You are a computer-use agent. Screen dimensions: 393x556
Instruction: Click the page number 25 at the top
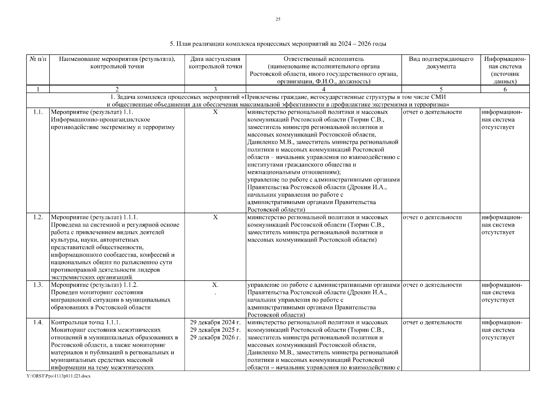pyautogui.click(x=278, y=19)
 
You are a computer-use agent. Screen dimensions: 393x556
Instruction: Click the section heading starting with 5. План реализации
pyautogui.click(x=278, y=44)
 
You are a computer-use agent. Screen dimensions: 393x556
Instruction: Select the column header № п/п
pyautogui.click(x=38, y=59)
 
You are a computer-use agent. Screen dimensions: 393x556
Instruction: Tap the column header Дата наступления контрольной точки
pyautogui.click(x=215, y=63)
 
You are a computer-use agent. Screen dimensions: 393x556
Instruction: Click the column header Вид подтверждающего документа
pyautogui.click(x=441, y=63)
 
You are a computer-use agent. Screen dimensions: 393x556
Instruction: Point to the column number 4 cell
pyautogui.click(x=324, y=89)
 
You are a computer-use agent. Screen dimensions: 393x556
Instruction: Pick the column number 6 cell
pyautogui.click(x=505, y=89)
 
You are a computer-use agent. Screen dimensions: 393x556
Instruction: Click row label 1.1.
pyautogui.click(x=38, y=112)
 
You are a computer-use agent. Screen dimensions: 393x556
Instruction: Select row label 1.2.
pyautogui.click(x=38, y=217)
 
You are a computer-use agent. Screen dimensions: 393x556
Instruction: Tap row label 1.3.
pyautogui.click(x=38, y=285)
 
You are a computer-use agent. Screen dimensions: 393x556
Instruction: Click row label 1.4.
pyautogui.click(x=38, y=323)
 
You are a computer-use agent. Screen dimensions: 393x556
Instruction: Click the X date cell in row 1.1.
pyautogui.click(x=215, y=112)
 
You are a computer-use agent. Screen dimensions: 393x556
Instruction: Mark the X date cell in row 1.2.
pyautogui.click(x=215, y=217)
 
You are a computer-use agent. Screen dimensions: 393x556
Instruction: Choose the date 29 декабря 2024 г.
pyautogui.click(x=215, y=323)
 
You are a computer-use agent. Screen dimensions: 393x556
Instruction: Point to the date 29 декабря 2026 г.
pyautogui.click(x=215, y=338)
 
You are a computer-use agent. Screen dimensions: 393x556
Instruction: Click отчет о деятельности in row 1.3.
pyautogui.click(x=432, y=285)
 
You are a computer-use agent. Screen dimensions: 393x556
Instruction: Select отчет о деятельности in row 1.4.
pyautogui.click(x=432, y=323)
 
